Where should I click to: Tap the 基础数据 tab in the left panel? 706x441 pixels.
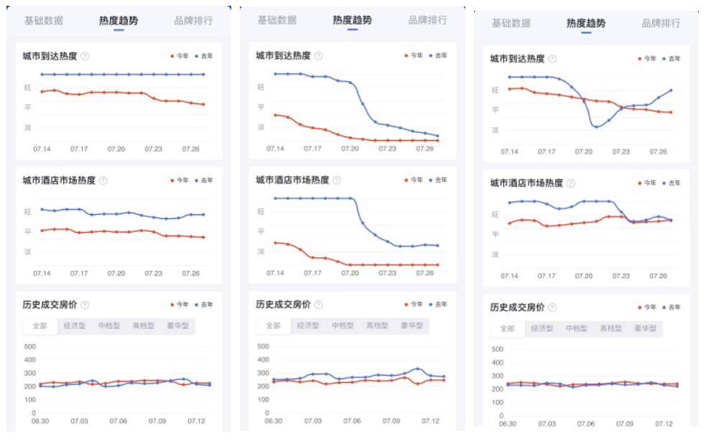[x=44, y=21]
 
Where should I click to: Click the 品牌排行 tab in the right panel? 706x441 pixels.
[x=661, y=23]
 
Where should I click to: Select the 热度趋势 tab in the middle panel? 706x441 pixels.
[x=352, y=20]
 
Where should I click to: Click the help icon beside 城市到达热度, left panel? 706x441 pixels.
[x=85, y=56]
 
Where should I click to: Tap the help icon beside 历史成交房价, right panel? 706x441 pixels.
[x=552, y=307]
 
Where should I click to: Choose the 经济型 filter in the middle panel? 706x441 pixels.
[x=308, y=325]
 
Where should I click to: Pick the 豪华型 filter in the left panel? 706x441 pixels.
[x=177, y=325]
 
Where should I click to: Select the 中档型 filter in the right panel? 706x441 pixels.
[x=576, y=328]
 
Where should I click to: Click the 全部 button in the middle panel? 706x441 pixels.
[x=274, y=325]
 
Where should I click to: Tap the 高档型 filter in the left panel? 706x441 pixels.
[x=143, y=325]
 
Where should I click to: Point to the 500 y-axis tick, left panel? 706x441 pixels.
[x=30, y=346]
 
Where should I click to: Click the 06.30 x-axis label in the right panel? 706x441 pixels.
[x=508, y=424]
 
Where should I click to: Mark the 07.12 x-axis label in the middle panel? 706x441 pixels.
[x=430, y=421]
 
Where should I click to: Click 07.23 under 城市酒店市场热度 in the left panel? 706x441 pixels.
[x=153, y=274]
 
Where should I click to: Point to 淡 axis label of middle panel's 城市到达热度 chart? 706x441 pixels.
[x=261, y=127]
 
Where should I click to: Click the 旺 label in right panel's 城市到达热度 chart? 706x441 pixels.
[x=495, y=90]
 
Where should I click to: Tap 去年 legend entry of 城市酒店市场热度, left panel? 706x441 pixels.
[x=203, y=180]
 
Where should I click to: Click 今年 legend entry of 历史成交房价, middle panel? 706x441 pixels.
[x=414, y=305]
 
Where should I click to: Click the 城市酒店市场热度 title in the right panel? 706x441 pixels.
[x=526, y=183]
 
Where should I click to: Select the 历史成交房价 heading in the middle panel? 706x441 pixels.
[x=283, y=305]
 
